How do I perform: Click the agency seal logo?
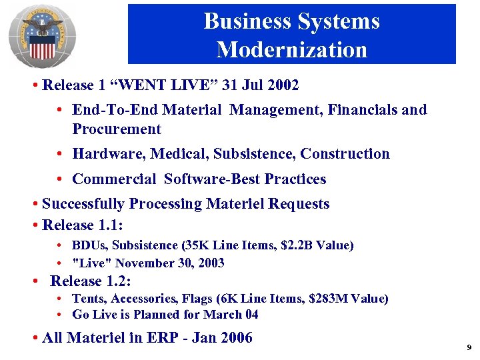tap(42, 36)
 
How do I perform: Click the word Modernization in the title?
tap(291, 50)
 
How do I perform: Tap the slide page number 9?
tap(469, 347)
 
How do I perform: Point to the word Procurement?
tap(117, 129)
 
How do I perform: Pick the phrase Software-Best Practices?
tap(245, 179)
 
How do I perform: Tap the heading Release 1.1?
tap(83, 225)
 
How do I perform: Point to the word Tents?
tap(87, 299)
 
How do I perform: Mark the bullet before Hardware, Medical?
tap(60, 154)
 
